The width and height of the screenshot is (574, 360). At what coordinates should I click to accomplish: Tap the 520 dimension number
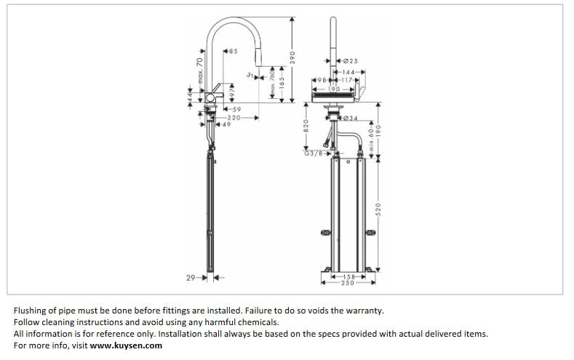[x=378, y=209]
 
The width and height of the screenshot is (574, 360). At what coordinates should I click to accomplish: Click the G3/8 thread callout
[x=313, y=153]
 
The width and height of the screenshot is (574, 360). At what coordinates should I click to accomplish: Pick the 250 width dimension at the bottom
[x=347, y=282]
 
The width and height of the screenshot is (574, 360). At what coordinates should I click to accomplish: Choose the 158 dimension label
[x=347, y=276]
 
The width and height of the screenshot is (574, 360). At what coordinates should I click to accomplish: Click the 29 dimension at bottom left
[x=191, y=277]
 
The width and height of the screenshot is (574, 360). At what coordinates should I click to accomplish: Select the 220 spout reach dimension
[x=234, y=117]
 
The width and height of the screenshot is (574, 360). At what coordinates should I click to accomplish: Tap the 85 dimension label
[x=233, y=51]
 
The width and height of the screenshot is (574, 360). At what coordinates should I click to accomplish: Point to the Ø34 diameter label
[x=350, y=118]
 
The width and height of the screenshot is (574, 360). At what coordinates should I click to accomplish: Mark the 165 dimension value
[x=280, y=86]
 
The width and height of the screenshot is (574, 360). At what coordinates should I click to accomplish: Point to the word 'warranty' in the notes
[x=365, y=311]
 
